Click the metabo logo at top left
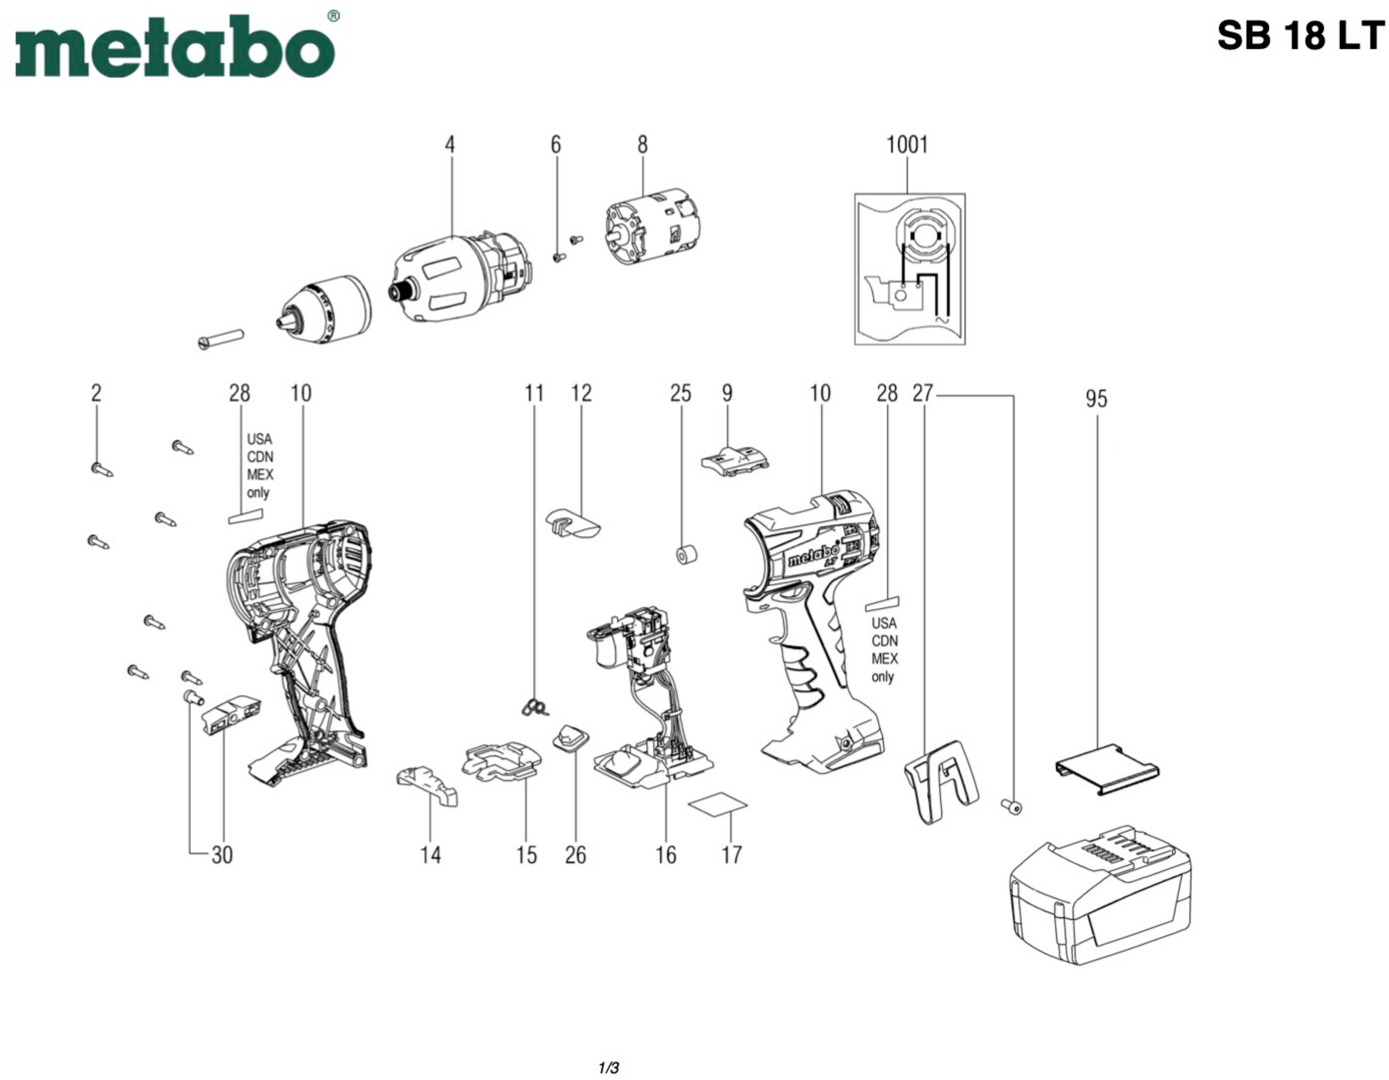175,48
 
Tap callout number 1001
907,145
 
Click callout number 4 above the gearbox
450,145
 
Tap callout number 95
1096,399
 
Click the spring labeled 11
534,706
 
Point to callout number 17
731,855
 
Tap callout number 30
222,855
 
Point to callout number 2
96,394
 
